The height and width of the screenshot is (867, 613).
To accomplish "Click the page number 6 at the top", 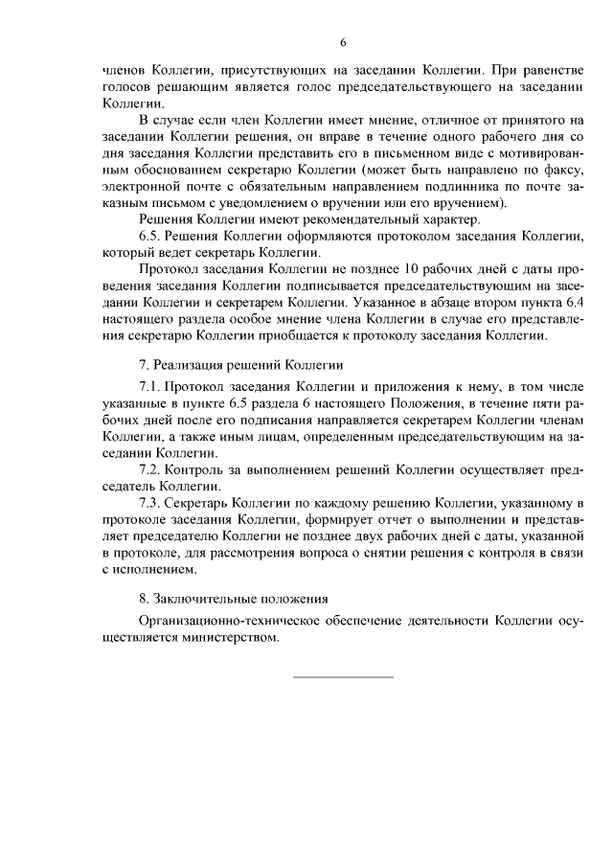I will (x=342, y=42).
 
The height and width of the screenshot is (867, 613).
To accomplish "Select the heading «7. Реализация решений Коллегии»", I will (x=241, y=367).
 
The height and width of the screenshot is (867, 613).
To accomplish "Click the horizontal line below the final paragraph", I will (x=342, y=677).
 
